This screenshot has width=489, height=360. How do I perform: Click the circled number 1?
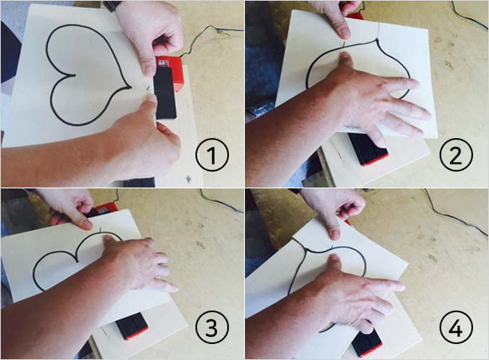point(212,154)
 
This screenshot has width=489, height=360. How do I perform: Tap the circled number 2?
point(456,154)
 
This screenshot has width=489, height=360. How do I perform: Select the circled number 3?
point(212,327)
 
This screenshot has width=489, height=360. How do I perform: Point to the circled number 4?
point(456,327)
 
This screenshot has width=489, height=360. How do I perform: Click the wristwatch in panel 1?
point(112,6)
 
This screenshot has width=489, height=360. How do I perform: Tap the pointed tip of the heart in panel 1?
point(130,88)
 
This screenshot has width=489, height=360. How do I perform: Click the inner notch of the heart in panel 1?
point(73,75)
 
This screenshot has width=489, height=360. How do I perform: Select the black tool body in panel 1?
point(165,93)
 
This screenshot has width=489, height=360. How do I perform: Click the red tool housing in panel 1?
point(170,73)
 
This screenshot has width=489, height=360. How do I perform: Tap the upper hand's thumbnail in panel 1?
point(148,70)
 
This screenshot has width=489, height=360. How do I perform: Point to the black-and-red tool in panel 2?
point(368,150)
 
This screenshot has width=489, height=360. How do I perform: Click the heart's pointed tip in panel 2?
point(377,40)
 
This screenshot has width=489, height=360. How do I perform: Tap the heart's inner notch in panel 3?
point(77,261)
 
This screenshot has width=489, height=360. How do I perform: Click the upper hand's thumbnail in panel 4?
point(335,235)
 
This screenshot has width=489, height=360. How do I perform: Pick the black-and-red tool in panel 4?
point(366,343)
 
